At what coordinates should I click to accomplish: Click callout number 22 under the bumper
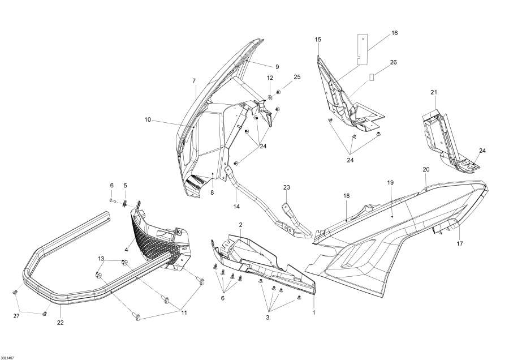pos(60,323)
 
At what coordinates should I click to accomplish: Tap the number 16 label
pos(394,33)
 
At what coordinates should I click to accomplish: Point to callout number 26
pos(394,62)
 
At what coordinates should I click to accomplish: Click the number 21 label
pos(434,92)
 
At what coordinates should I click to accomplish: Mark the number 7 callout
pos(194,80)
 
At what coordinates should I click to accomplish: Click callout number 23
pos(286,187)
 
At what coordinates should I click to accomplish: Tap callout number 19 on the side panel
pos(390,183)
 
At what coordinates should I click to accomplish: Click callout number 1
pos(314,312)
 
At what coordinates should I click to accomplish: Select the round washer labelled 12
pos(270,92)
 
